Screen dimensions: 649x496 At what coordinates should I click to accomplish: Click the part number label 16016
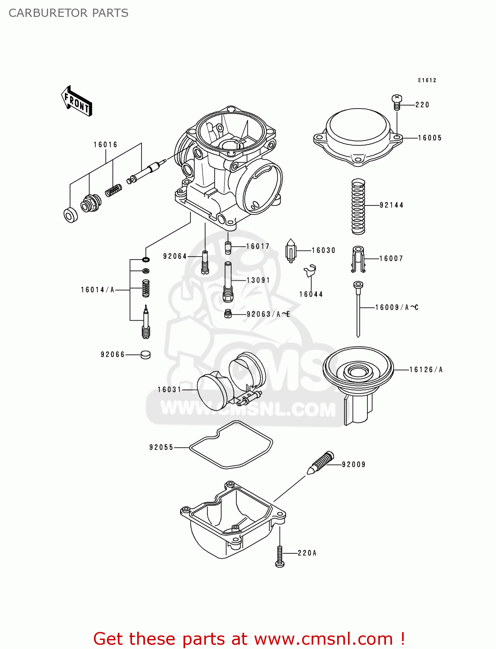(105, 145)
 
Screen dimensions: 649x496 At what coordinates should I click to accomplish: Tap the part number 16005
(430, 138)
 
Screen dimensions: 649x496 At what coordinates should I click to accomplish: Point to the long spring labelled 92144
(358, 206)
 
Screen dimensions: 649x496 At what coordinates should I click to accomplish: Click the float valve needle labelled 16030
(291, 251)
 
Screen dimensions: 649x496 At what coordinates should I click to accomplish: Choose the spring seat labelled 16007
(358, 259)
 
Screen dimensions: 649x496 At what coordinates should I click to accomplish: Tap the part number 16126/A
(426, 369)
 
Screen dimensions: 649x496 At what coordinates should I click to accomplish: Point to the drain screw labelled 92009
(321, 463)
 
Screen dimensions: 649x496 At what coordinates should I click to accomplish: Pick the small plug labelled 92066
(145, 355)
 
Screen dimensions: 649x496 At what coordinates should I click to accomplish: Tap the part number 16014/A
(97, 290)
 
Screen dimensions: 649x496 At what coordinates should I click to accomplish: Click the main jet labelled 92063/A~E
(229, 314)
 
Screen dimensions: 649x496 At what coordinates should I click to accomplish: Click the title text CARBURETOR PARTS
(68, 13)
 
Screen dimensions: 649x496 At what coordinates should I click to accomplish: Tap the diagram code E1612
(427, 80)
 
